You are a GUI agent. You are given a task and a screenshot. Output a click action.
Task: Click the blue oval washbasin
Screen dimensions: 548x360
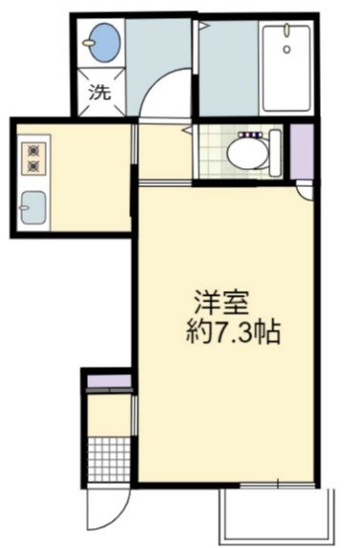click(x=100, y=43)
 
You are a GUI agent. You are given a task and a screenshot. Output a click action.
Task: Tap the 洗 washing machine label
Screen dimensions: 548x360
click(x=98, y=94)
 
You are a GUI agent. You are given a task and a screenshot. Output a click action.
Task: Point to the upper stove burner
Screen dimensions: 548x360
click(x=35, y=150)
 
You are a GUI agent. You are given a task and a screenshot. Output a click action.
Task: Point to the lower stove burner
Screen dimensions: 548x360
click(x=35, y=167)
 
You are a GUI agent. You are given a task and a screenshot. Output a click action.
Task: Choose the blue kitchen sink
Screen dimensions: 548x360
click(x=35, y=204)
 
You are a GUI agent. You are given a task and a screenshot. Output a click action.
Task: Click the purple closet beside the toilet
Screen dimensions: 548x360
click(x=302, y=150)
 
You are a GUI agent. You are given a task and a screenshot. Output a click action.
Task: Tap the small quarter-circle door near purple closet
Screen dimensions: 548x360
click(x=304, y=192)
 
